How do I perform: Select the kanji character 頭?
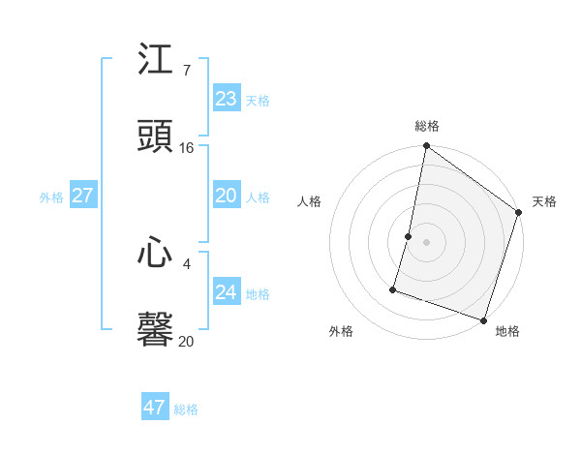(x=156, y=137)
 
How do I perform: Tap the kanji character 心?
(x=156, y=255)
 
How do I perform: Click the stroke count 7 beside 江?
(x=186, y=71)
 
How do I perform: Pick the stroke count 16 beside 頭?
(x=187, y=148)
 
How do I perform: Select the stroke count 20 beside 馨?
(x=187, y=342)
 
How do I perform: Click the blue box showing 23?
(x=226, y=99)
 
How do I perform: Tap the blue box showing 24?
(x=226, y=292)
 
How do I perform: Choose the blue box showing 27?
(x=82, y=196)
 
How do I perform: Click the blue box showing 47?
(x=154, y=408)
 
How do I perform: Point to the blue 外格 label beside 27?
(x=51, y=197)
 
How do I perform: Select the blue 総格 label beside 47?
(x=186, y=409)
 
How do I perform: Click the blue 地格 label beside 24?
(x=258, y=294)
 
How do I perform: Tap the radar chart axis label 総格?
(x=427, y=126)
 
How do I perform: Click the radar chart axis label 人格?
(x=309, y=201)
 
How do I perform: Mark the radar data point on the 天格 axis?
(x=519, y=213)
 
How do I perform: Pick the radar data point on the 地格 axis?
(x=483, y=319)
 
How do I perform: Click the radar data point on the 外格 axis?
(x=394, y=288)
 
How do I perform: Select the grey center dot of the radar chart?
(x=427, y=242)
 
